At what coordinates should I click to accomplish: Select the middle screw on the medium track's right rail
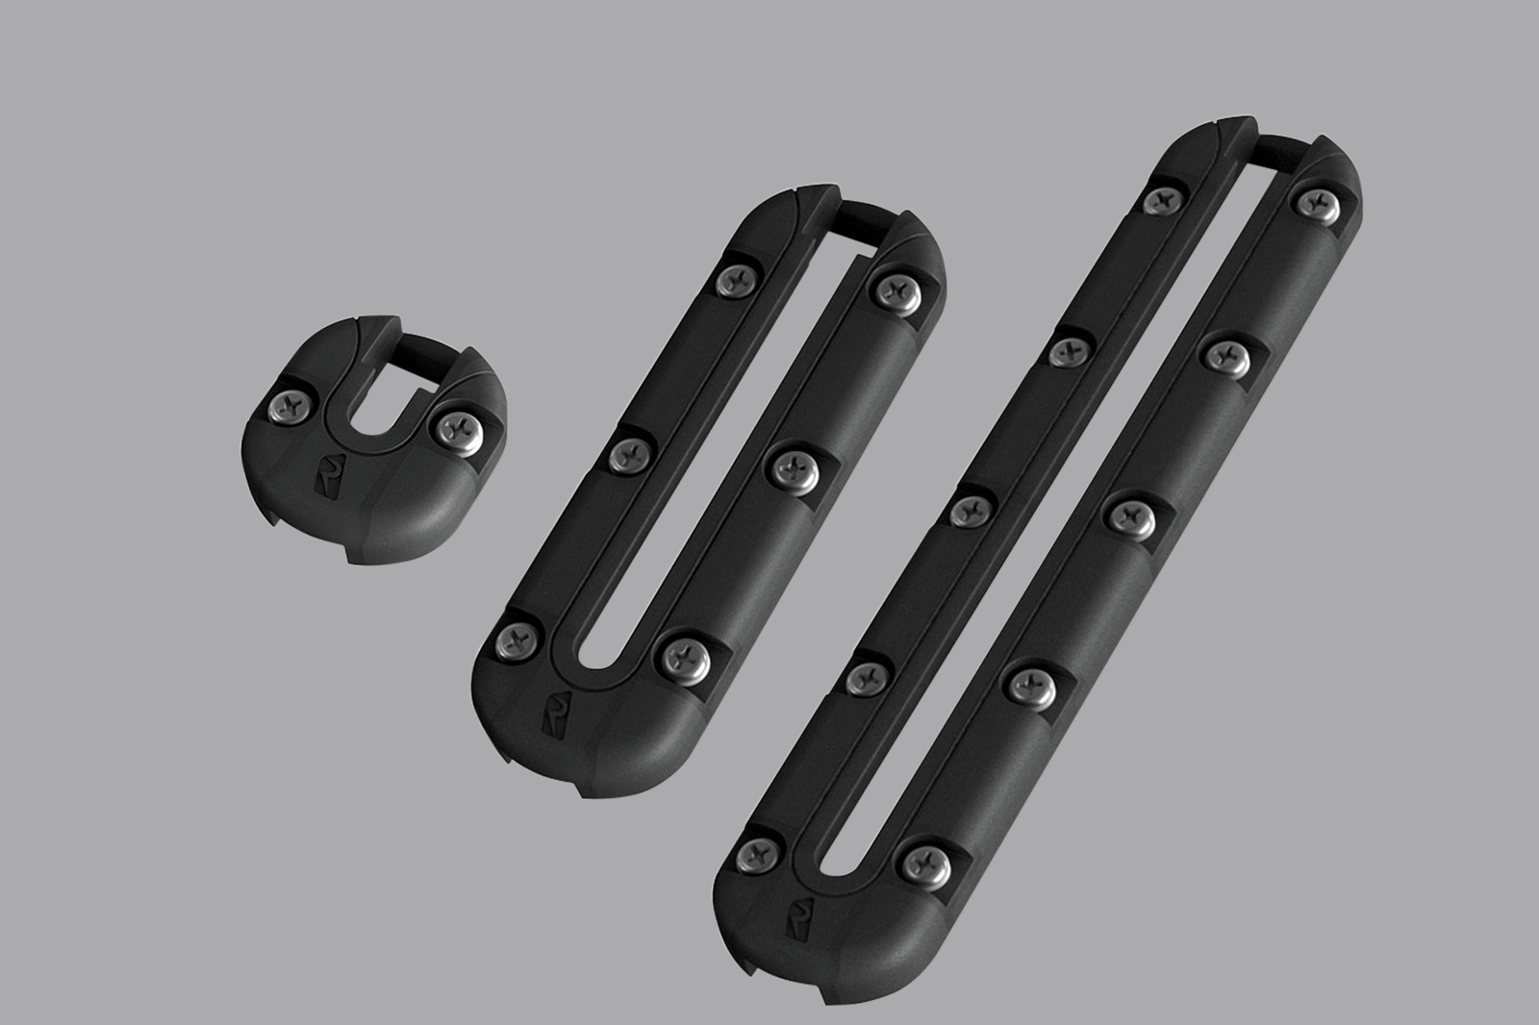click(795, 466)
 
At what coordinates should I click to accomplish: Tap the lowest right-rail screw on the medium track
click(687, 656)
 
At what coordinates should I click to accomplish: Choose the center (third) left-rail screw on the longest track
click(972, 511)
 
